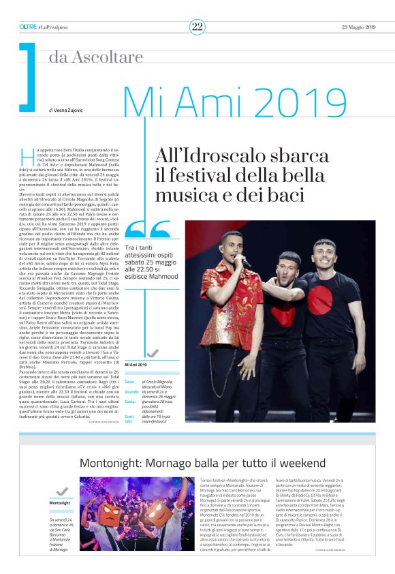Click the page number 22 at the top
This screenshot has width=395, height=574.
point(197,27)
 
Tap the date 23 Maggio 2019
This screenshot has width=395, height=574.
point(358,27)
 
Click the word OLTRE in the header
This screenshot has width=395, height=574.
point(28,27)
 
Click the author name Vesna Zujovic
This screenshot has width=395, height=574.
point(69,109)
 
